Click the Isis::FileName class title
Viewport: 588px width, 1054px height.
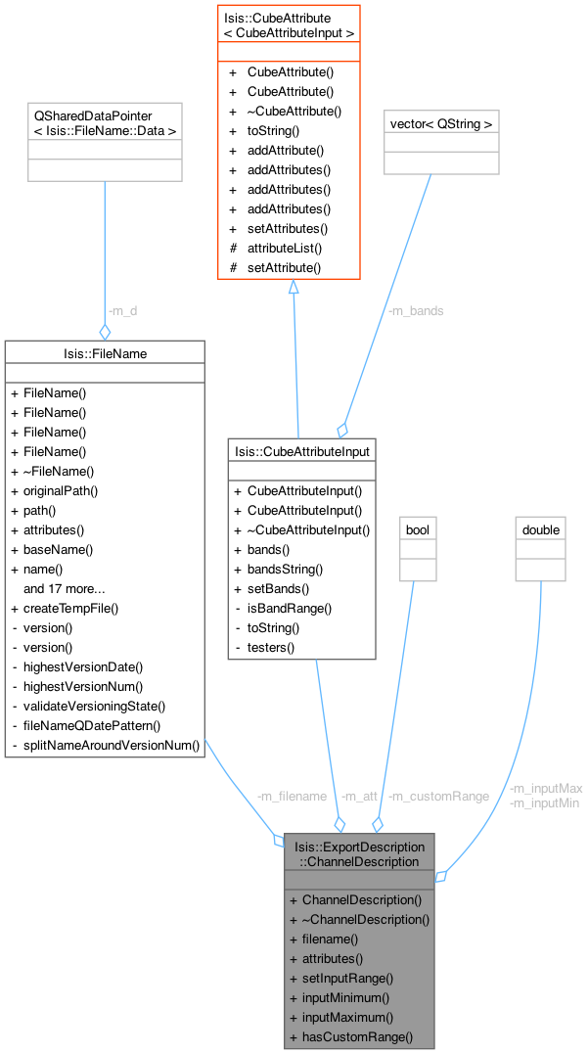105,352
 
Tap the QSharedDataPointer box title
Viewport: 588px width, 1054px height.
105,122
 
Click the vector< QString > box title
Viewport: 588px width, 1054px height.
441,123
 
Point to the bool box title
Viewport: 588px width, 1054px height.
418,529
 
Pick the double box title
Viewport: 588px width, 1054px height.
541,529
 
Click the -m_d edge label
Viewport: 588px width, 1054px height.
123,310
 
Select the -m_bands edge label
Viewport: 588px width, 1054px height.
416,311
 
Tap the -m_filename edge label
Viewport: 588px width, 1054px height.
291,796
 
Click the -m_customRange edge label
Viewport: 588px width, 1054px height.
438,796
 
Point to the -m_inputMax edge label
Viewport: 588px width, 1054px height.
546,789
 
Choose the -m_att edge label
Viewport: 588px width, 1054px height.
359,796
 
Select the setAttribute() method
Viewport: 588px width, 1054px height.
285,267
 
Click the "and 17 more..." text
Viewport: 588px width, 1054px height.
65,588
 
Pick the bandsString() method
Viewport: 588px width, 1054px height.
285,569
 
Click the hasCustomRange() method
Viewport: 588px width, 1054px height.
357,1036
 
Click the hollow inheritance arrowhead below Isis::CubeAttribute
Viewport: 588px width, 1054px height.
292,287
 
